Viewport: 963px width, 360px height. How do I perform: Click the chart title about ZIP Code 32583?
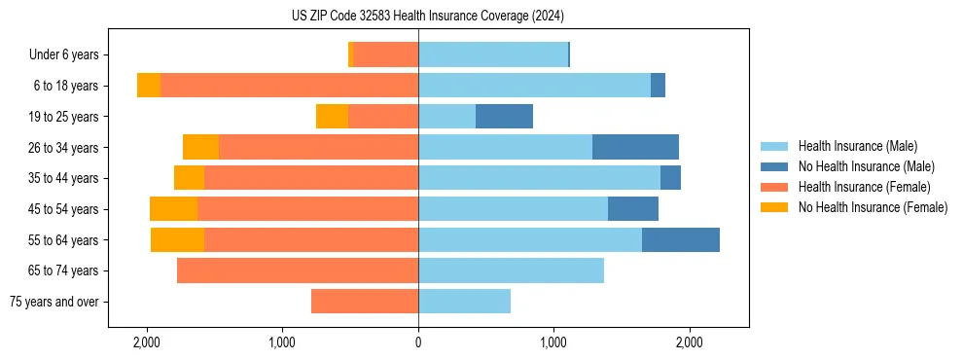427,16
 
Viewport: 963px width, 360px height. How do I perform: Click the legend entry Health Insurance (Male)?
857,146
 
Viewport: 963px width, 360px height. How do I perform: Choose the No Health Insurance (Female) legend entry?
873,207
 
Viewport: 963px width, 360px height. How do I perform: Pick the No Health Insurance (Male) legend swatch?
775,166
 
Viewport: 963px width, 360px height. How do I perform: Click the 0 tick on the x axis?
418,343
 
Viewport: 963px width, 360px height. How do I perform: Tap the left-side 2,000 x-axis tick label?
147,343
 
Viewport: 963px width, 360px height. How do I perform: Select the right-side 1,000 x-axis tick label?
553,343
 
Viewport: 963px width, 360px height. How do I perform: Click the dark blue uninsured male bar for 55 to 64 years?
680,239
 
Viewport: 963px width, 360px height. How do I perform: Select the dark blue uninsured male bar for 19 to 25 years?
504,117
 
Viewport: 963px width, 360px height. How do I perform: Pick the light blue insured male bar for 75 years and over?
464,302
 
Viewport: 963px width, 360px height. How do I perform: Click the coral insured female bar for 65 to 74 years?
298,270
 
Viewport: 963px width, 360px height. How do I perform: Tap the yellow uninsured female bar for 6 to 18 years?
149,86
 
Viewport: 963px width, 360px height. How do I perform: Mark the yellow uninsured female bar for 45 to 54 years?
173,209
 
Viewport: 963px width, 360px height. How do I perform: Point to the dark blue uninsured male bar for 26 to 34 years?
635,147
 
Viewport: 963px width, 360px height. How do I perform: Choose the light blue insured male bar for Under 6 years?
492,54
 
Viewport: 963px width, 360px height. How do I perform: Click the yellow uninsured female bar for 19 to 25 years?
332,117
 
